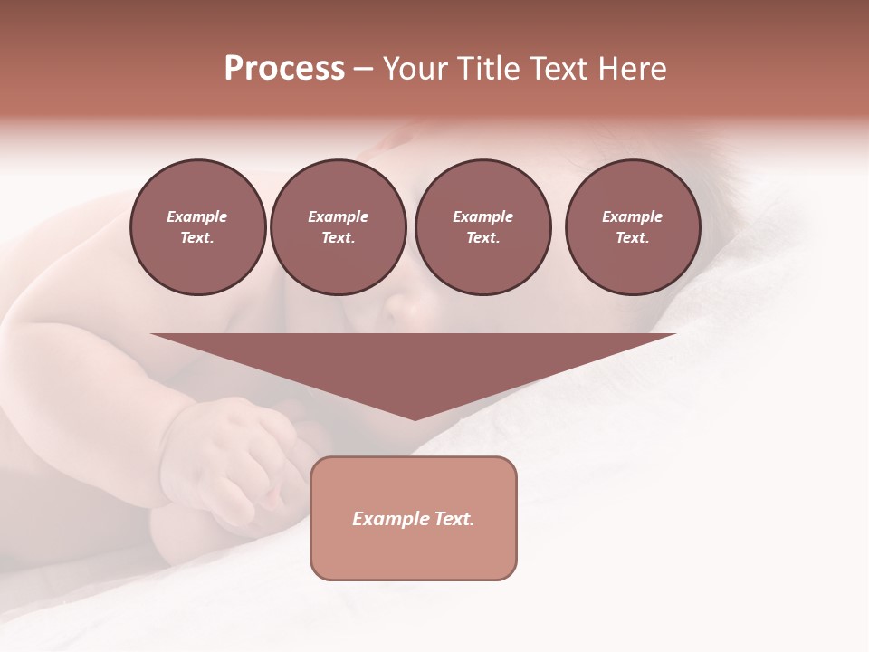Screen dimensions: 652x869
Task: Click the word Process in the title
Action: pyautogui.click(x=284, y=69)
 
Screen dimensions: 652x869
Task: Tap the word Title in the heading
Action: pyautogui.click(x=486, y=69)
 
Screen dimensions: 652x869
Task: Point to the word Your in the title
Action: pyautogui.click(x=415, y=69)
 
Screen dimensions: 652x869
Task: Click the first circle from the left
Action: pyautogui.click(x=197, y=227)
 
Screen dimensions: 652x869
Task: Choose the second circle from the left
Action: pyautogui.click(x=338, y=227)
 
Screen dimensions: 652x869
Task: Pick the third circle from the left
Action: pyautogui.click(x=482, y=227)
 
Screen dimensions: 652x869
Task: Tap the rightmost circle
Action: pyautogui.click(x=632, y=227)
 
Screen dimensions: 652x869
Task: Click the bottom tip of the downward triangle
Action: pyautogui.click(x=415, y=418)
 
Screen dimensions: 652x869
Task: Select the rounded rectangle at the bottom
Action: pyautogui.click(x=414, y=552)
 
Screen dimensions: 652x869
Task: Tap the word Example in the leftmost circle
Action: pyautogui.click(x=197, y=216)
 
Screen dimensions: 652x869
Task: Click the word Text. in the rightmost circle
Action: pyautogui.click(x=632, y=238)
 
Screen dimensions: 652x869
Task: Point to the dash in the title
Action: pyautogui.click(x=364, y=69)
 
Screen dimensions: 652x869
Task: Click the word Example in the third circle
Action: pyautogui.click(x=482, y=216)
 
